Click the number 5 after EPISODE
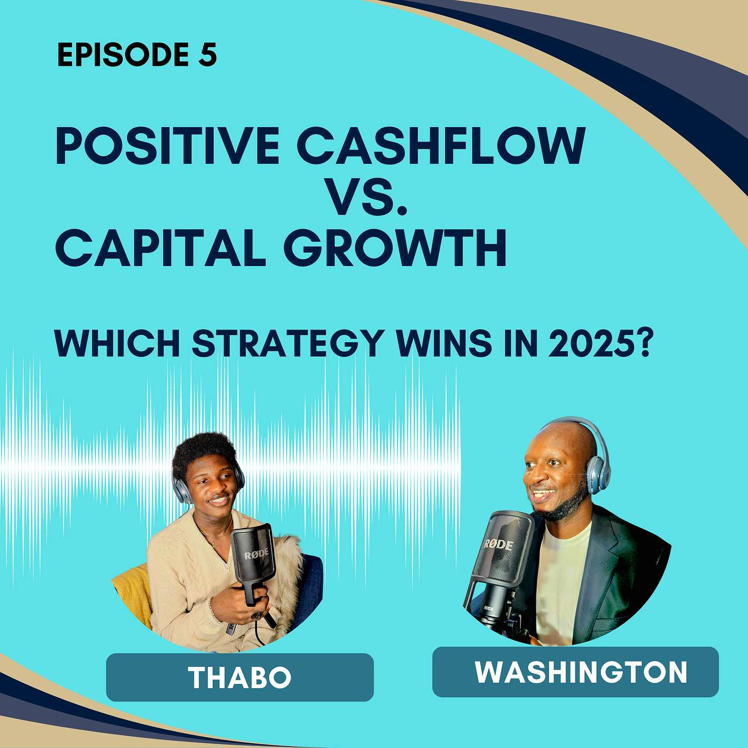tap(207, 54)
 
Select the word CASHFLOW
tap(441, 145)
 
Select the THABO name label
tap(240, 677)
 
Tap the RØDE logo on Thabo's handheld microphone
tap(256, 553)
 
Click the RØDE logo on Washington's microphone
tap(498, 544)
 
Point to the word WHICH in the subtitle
tap(118, 343)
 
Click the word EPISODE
tap(123, 54)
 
